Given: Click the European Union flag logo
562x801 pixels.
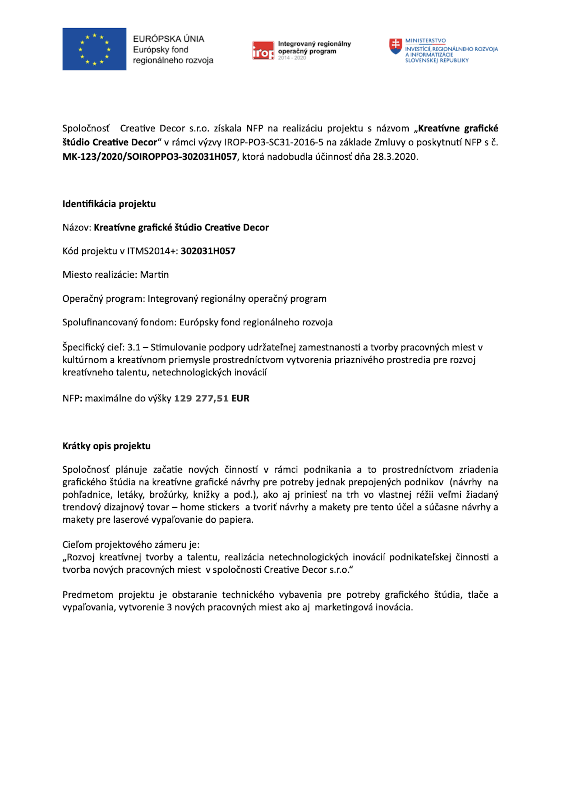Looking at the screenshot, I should (94, 49).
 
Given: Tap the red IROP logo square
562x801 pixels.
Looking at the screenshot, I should (263, 51).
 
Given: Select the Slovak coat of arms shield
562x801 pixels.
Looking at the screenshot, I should (395, 46).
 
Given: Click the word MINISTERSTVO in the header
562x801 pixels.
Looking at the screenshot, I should (425, 41).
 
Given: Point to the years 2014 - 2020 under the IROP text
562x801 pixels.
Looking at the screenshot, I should (292, 58).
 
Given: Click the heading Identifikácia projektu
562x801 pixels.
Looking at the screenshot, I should (109, 204).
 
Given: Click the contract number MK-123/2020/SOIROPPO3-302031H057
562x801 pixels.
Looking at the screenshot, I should (150, 157).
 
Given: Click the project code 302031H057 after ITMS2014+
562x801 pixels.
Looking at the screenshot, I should (208, 251).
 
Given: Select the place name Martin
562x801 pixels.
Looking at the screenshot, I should (154, 275).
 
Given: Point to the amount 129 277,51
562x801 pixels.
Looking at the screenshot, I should (201, 398).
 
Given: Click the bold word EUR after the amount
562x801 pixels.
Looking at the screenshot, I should (240, 398).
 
